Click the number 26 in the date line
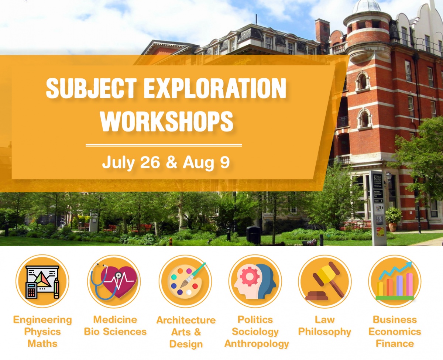[x=150, y=162]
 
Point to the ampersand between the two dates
[x=172, y=162]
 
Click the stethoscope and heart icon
[x=114, y=281]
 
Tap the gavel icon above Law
[x=324, y=281]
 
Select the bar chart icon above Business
[x=395, y=281]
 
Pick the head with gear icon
[x=255, y=281]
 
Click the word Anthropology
[x=257, y=343]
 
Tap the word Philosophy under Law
[x=324, y=332]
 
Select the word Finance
[x=395, y=343]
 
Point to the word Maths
[x=42, y=343]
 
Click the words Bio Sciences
[x=115, y=331]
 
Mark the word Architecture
[x=186, y=320]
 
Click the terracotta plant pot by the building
[x=393, y=227]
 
